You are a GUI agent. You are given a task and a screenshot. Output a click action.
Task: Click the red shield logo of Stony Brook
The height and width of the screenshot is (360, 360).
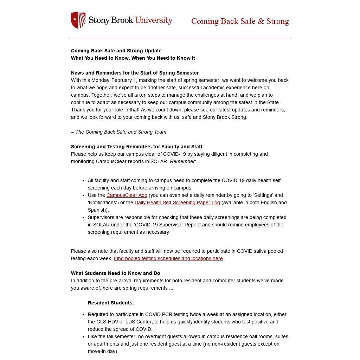78,20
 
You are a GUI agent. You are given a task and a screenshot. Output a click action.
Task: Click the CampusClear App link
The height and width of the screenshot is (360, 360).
127,195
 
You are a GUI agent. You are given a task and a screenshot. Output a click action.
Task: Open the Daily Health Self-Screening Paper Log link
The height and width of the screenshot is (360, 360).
177,202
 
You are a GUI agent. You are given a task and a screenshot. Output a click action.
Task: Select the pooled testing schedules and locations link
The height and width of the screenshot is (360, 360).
168,258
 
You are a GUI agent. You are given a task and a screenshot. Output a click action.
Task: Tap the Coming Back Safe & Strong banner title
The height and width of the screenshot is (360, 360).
240,21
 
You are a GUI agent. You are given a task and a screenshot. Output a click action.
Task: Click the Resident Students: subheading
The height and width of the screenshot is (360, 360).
111,303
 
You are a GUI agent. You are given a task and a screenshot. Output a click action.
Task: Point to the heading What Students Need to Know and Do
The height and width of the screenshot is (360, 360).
115,273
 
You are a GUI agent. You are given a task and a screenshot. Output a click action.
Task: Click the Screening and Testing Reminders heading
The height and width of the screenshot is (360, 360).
136,147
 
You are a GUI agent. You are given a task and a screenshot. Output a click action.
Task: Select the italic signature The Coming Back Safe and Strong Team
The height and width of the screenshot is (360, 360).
121,132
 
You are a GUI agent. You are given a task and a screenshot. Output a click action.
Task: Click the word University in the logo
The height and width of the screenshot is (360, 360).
154,20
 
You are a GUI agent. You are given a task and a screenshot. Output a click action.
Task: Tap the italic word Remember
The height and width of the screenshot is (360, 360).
182,161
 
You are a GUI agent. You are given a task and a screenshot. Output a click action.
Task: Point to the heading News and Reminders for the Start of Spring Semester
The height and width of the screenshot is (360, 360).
135,73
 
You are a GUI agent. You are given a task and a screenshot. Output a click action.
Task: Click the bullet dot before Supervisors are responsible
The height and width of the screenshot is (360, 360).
83,218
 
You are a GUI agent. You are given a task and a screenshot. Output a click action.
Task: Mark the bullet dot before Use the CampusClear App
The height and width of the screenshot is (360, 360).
83,195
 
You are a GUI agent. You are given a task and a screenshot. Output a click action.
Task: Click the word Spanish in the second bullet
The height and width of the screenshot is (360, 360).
97,210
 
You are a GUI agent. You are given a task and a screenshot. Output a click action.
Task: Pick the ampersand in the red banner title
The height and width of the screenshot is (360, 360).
261,21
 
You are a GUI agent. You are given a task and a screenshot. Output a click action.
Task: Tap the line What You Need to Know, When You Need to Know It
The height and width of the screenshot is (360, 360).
133,58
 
